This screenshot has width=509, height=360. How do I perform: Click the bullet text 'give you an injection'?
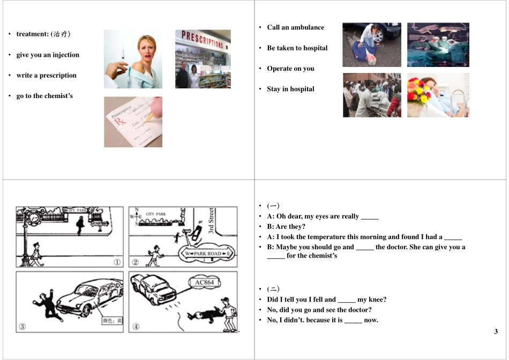pyautogui.click(x=48, y=55)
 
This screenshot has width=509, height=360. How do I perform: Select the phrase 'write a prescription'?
pyautogui.click(x=46, y=76)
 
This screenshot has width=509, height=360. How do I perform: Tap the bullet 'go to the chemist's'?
pyautogui.click(x=44, y=96)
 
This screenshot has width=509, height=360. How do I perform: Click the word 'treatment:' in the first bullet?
pyautogui.click(x=33, y=34)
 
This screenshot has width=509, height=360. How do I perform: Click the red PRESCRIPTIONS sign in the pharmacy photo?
pyautogui.click(x=203, y=40)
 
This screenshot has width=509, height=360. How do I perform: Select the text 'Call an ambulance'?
pyautogui.click(x=295, y=27)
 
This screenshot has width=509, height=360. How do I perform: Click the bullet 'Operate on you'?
pyautogui.click(x=290, y=69)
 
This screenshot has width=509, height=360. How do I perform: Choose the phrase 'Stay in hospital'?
pyautogui.click(x=290, y=89)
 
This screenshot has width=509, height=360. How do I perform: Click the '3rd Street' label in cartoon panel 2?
pyautogui.click(x=212, y=221)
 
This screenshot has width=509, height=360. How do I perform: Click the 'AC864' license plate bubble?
pyautogui.click(x=204, y=282)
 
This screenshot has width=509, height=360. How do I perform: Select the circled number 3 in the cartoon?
pyautogui.click(x=23, y=326)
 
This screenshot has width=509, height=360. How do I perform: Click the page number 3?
pyautogui.click(x=496, y=332)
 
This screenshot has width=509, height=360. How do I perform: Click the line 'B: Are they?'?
pyautogui.click(x=286, y=227)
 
